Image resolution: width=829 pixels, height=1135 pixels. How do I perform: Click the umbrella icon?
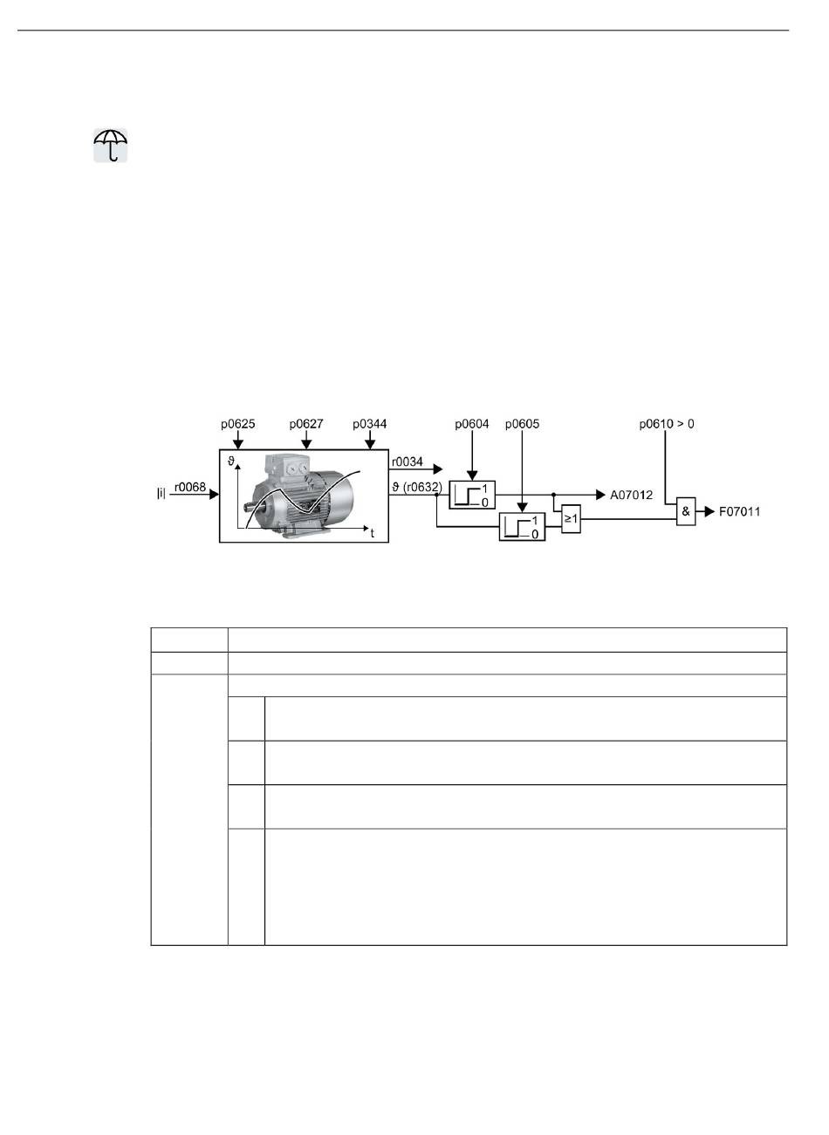111,145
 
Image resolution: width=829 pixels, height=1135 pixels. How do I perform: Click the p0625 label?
237,424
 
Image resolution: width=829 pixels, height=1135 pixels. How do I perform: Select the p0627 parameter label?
306,424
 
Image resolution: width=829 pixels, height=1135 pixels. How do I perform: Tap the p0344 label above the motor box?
370,424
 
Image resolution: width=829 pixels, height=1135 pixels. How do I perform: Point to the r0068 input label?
189,488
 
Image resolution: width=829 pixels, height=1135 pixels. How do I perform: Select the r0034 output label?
408,462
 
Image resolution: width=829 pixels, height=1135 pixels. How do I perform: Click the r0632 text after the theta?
424,486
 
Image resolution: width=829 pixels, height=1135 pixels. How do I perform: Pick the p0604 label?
472,424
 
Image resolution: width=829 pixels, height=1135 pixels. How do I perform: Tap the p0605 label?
522,424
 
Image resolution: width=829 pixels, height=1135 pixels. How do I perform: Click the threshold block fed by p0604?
472,495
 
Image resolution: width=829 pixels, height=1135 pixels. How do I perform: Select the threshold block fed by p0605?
522,527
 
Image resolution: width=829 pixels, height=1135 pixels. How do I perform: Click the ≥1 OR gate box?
571,519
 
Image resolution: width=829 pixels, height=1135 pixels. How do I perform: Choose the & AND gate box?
686,512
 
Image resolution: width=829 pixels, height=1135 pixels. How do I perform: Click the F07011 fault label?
740,512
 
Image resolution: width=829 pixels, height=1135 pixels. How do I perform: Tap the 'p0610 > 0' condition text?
667,424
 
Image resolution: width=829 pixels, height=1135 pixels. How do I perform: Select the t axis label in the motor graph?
373,532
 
